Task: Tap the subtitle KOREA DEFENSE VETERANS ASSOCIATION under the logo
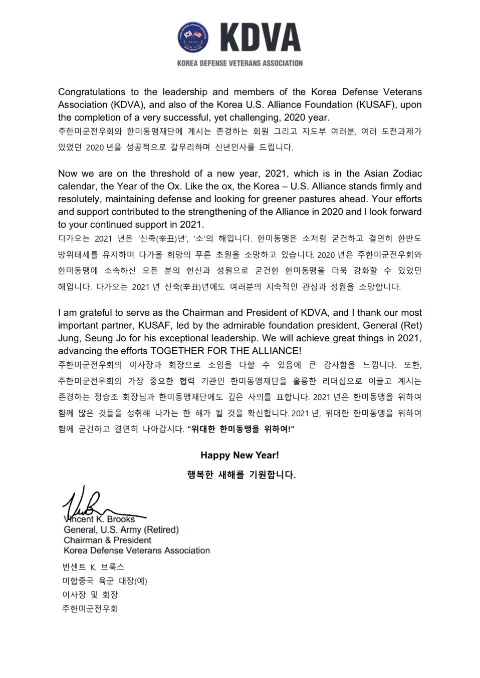(240, 63)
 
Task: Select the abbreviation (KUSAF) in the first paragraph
(404, 105)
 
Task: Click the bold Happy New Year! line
(239, 455)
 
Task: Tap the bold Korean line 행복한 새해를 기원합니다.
(241, 474)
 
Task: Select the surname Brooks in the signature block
(121, 519)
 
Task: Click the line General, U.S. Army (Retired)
(121, 529)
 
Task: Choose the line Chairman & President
(107, 540)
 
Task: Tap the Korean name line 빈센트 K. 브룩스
(93, 567)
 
